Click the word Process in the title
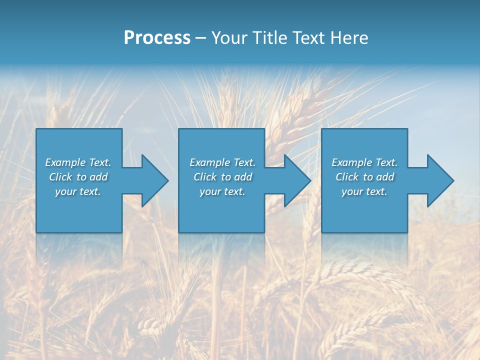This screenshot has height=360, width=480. (157, 38)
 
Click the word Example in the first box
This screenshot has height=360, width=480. (65, 162)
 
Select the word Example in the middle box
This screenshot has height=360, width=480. (209, 162)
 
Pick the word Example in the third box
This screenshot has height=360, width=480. (351, 162)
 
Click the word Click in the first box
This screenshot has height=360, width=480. (60, 177)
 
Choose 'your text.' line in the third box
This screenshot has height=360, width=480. (364, 191)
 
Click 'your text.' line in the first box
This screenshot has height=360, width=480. (78, 191)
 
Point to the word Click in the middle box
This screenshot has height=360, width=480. (205, 177)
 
